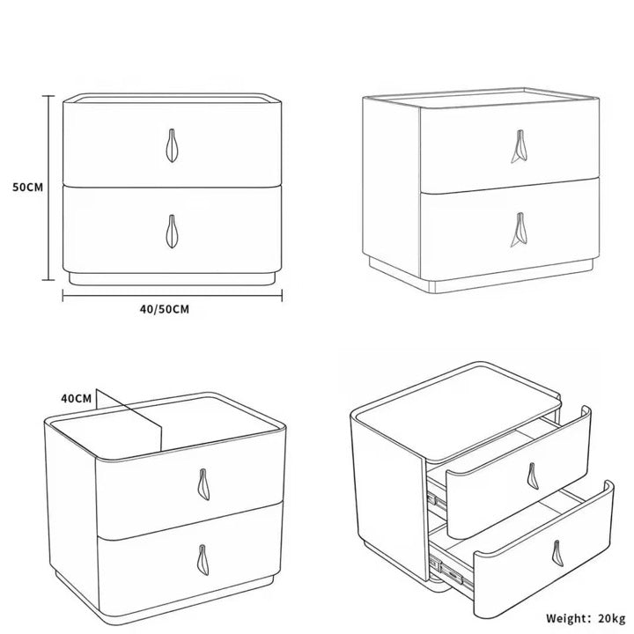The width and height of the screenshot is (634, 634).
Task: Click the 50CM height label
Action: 27,188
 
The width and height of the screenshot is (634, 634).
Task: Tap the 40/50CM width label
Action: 165,309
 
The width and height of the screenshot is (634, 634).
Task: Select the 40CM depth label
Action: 77,399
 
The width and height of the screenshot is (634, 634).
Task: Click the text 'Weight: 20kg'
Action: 586,618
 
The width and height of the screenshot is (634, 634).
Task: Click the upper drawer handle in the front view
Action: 172,145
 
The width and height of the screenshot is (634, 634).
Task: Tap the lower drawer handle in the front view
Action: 172,232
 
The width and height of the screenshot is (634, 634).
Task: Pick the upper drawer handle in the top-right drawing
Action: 520,146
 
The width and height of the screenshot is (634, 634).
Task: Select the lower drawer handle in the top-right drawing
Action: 520,230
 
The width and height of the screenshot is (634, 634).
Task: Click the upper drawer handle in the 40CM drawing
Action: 203,484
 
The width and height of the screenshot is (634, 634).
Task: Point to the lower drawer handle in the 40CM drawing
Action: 203,560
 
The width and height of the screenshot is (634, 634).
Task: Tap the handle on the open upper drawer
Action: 533,475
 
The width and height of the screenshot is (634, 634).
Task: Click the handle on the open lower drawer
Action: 557,553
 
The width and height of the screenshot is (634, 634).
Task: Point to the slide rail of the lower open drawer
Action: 450,570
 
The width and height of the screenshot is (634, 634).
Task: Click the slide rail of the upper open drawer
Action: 437,500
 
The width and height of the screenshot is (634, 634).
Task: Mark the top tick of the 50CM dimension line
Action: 48,96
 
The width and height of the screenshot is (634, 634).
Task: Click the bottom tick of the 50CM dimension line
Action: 48,279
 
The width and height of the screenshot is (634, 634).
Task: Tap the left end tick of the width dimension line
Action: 63,296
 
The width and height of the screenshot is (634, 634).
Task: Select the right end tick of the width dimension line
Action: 282,296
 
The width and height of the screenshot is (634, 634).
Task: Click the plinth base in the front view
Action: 172,279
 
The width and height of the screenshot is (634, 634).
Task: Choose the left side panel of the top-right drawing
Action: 391,186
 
